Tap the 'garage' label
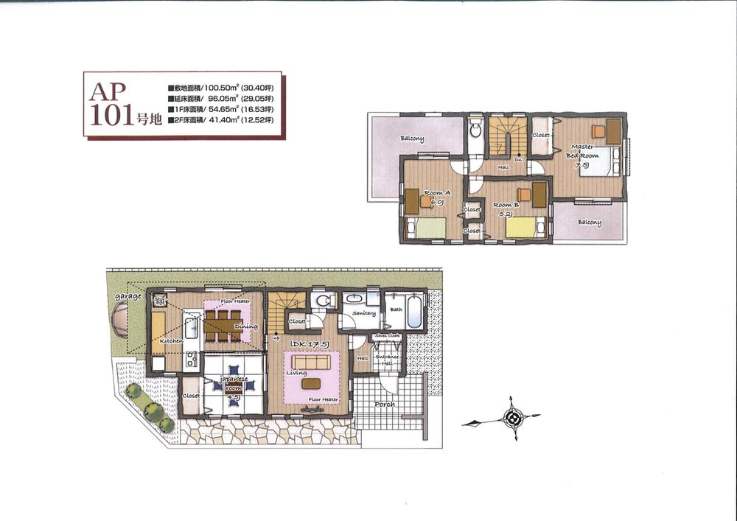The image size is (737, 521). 128,296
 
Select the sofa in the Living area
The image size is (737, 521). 311,363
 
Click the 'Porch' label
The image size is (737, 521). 384,404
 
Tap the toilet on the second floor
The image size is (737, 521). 475,134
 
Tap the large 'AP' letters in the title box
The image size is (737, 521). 108,92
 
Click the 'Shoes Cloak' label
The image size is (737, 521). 388,336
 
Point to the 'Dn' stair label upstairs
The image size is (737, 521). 518,158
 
